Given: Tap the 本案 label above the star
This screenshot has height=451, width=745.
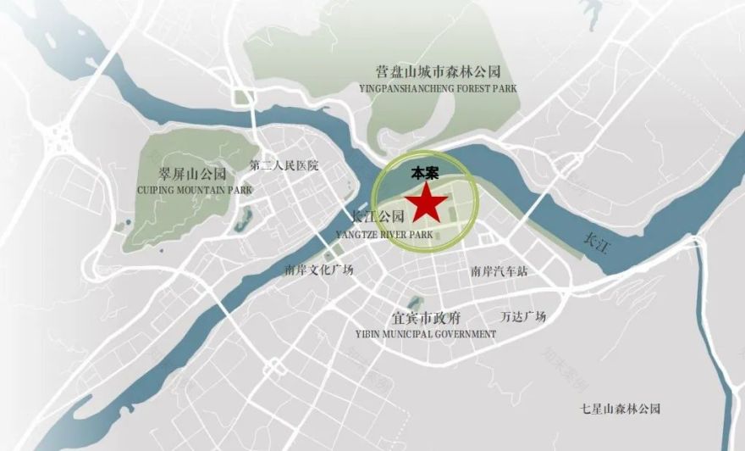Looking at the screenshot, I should [426, 173].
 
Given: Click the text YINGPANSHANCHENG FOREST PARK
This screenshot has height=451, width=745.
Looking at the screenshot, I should [438, 87].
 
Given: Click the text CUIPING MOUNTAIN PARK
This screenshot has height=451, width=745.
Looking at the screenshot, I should [195, 191].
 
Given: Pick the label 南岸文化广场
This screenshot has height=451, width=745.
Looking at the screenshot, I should [319, 270].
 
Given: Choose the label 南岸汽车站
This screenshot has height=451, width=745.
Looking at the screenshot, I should [499, 272].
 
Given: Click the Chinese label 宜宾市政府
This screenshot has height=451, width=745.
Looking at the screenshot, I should [426, 319].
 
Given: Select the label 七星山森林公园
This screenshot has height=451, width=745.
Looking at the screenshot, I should [620, 409].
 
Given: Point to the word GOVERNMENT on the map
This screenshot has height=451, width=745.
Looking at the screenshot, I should [465, 334].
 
